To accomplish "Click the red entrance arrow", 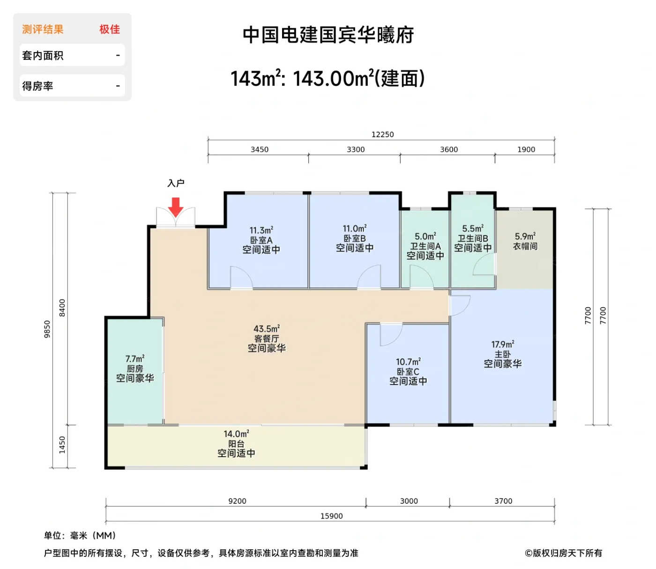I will tap(176, 207).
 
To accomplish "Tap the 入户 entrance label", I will tap(176, 183).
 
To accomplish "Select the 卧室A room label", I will tap(261, 240).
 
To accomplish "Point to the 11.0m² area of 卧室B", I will tap(354, 229).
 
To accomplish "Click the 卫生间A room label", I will tap(425, 246).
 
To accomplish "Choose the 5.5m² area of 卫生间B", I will tap(472, 229).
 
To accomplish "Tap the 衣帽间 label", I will tap(525, 246).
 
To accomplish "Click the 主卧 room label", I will tap(502, 354).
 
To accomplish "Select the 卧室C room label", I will tap(408, 371).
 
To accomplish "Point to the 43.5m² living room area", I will tap(267, 329).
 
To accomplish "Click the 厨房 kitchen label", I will tap(135, 369).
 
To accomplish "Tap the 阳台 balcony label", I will tap(236, 443).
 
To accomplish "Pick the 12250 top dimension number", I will tap(382, 134).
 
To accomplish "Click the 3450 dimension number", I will tap(259, 149).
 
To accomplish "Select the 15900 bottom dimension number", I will tap(331, 516).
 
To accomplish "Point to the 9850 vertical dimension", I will tap(47, 329).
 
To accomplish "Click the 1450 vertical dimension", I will tap(62, 444).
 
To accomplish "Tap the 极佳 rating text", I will tap(110, 30).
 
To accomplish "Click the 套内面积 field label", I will tap(43, 56).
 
